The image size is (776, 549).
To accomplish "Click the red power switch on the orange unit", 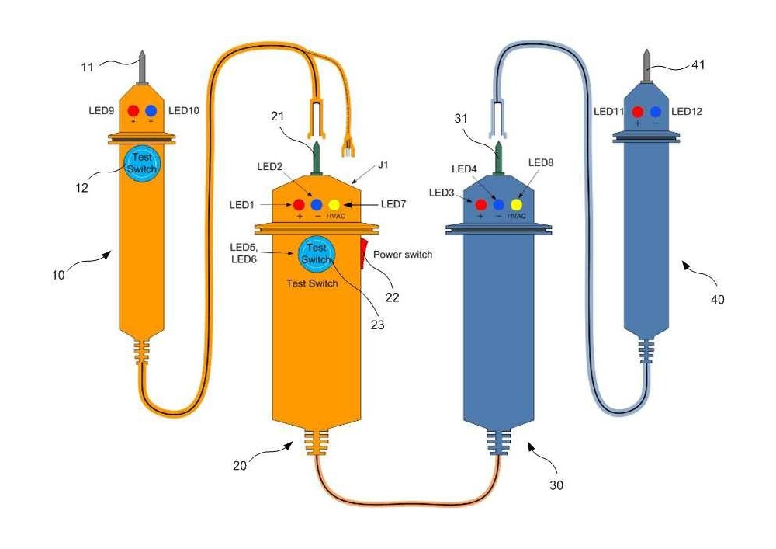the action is coord(364,253).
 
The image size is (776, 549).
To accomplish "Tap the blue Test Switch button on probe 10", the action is coord(142,163).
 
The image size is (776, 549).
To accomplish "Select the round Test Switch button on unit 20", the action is coord(317,254).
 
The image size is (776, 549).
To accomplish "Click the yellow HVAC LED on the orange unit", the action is coord(334,204).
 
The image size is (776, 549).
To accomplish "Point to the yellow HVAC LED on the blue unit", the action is coord(516,204).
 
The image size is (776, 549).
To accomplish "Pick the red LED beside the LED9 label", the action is coord(133,110).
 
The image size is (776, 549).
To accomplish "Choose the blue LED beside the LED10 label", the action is coord(151,110).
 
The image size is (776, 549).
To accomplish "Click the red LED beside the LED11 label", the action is coord(637,111).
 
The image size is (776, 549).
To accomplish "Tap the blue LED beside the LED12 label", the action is coord(656,111).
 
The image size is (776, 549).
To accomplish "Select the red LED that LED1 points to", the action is coord(299,204).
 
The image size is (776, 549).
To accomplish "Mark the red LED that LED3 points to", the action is coord(480,204).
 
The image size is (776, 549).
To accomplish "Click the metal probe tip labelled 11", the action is coord(142,68).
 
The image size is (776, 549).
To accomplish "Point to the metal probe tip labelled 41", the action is coord(646,66).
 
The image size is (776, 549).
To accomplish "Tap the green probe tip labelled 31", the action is coord(498,158).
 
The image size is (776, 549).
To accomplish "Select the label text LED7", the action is coord(393,204).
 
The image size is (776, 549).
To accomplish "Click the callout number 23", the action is coord(378,325).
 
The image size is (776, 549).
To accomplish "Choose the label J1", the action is coord(383,165).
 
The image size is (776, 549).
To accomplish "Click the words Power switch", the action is coord(403,255).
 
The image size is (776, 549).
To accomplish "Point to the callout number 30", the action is coord(556,485).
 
